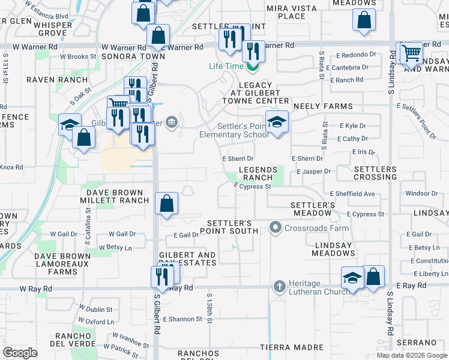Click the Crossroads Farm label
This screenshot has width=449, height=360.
coord(309,227)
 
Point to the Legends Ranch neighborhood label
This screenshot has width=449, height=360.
coord(259,174)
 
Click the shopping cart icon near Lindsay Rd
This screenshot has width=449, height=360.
coord(411,53)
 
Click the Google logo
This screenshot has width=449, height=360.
coord(20,353)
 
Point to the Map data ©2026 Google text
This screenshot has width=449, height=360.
coord(411,355)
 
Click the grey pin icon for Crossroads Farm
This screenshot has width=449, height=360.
coord(276,227)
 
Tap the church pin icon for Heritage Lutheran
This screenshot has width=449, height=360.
coord(279,287)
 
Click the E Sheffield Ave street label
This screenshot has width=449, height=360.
coord(352,194)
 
